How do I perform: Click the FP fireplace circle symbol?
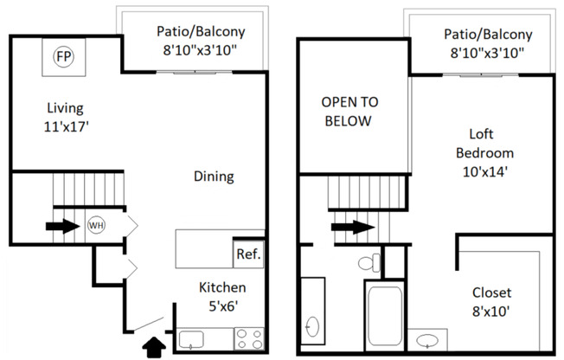point(62,57)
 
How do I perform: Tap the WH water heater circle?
point(96,226)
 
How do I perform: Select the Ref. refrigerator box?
point(247,255)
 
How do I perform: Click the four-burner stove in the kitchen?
point(249,338)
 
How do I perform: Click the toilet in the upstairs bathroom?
point(369,262)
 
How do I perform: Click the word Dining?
point(214,177)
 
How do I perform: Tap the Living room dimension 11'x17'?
point(66,126)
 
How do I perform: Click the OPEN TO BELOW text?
point(348,111)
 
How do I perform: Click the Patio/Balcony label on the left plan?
point(201,31)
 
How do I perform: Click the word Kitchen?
point(223,287)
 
